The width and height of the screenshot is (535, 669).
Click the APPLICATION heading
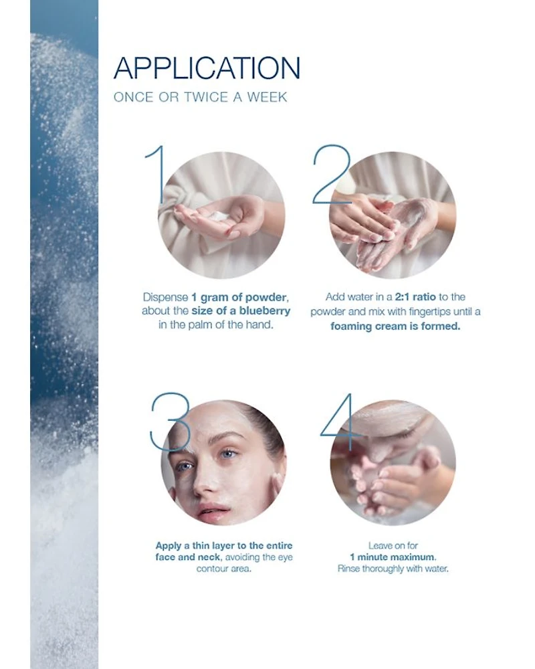point(207,68)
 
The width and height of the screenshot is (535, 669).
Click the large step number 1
point(156,174)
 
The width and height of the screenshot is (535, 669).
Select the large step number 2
point(332,174)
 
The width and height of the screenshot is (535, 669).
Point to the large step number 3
point(170,422)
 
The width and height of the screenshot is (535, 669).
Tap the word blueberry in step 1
point(265,310)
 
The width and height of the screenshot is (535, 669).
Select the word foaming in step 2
point(350,326)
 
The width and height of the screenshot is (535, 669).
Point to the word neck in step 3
point(211,557)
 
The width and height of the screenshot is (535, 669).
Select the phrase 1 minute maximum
point(393,557)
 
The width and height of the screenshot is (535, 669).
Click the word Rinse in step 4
point(348,569)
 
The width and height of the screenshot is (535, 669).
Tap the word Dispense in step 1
point(166,298)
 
